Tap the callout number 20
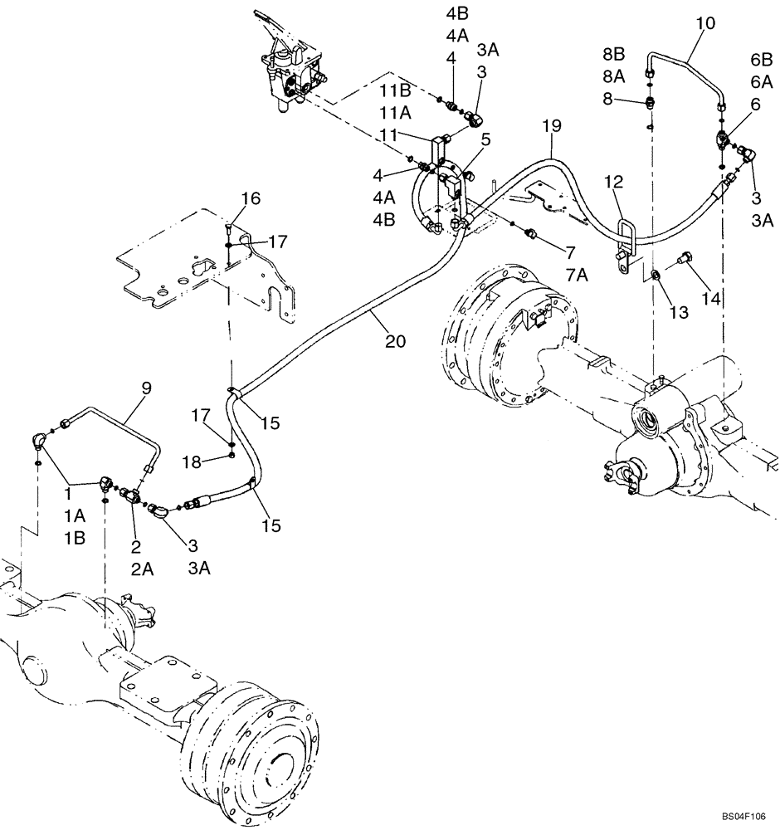point(395,341)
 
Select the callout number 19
point(553,126)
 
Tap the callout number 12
point(612,181)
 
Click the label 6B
point(761,61)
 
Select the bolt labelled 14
point(684,259)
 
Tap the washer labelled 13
point(656,274)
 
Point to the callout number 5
point(485,139)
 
